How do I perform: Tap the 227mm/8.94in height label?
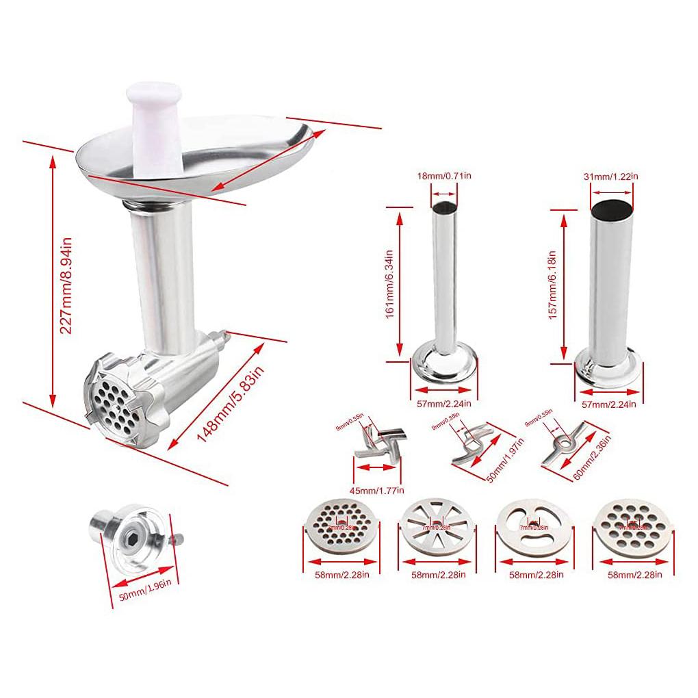(66, 285)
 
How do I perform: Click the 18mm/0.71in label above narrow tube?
(444, 177)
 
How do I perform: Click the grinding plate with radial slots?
(436, 528)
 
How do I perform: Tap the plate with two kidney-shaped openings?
(532, 528)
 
